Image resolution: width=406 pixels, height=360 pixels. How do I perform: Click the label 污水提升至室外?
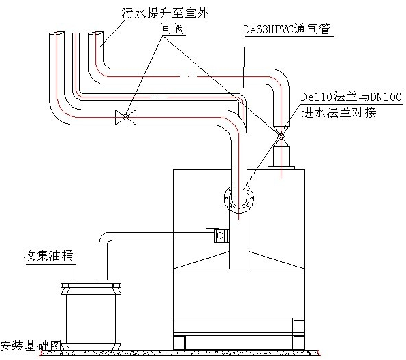coord(166,13)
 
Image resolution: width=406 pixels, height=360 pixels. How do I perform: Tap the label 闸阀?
coord(172,29)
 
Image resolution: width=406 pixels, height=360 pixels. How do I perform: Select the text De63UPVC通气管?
coord(287,29)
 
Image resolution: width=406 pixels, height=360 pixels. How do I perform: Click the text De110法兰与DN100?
coord(351,97)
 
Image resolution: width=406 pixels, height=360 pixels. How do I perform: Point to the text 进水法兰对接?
coord(339,112)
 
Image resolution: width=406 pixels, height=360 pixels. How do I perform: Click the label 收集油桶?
coord(48,255)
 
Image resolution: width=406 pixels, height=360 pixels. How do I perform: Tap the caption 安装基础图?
coord(31,346)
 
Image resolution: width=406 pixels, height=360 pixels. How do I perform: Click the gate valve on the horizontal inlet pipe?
coord(125,117)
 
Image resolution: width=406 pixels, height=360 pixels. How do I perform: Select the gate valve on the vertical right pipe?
coord(281,135)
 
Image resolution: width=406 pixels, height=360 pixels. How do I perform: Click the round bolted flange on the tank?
coord(239,199)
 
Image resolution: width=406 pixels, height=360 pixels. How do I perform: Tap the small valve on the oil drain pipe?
coord(220,235)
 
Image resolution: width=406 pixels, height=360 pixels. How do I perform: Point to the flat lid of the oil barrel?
coord(91,285)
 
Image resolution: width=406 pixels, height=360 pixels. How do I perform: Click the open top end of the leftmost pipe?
coord(57,33)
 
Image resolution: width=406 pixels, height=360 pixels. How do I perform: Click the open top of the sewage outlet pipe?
coord(95,33)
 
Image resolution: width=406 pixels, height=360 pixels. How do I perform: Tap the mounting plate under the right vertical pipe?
coord(281,168)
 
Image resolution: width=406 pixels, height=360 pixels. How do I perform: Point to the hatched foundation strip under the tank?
coord(181,353)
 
